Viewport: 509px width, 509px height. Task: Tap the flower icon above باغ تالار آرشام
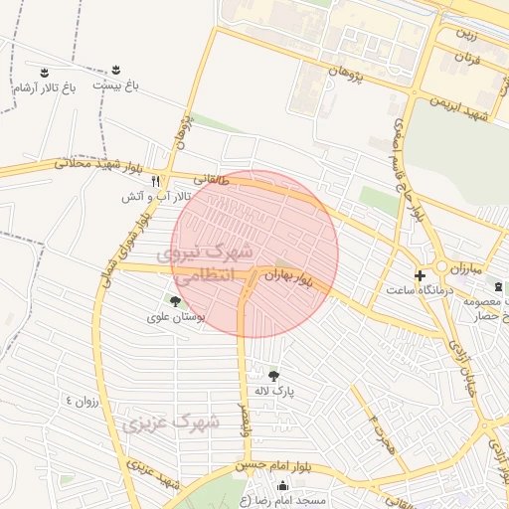pos(44,72)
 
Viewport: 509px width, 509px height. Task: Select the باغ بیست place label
pos(115,85)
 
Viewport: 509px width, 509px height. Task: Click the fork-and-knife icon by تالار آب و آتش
pos(155,181)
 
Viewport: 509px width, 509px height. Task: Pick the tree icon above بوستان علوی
pos(176,300)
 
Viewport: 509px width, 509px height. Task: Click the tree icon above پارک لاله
pos(273,376)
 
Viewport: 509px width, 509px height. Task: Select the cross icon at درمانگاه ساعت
pos(420,274)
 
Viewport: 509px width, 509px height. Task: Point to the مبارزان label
pos(463,269)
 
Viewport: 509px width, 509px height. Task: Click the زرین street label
pos(466,34)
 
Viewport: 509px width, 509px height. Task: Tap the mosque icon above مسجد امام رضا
pos(282,486)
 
